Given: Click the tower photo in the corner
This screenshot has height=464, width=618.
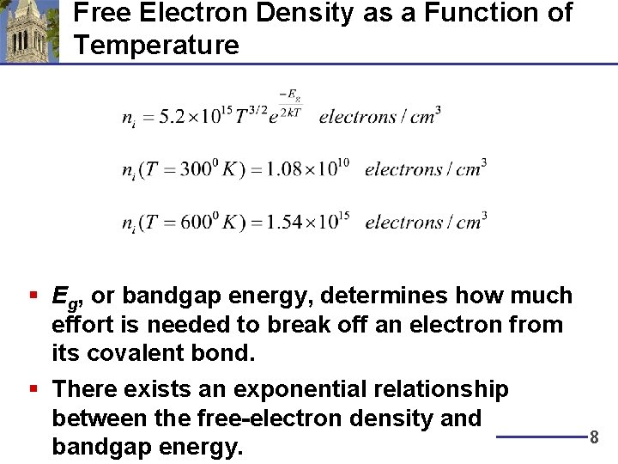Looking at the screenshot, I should point(29,32).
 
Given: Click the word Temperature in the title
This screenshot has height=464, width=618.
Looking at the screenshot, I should point(156,45).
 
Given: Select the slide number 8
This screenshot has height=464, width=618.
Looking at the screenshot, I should point(593,437).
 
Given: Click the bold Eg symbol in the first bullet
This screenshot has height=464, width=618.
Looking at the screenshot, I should point(65,297).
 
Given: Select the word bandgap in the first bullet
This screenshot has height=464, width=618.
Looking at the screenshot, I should point(164,296).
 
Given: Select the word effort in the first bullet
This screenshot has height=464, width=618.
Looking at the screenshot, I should point(79,325).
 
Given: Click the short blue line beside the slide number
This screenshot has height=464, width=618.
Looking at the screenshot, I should point(541,437).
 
